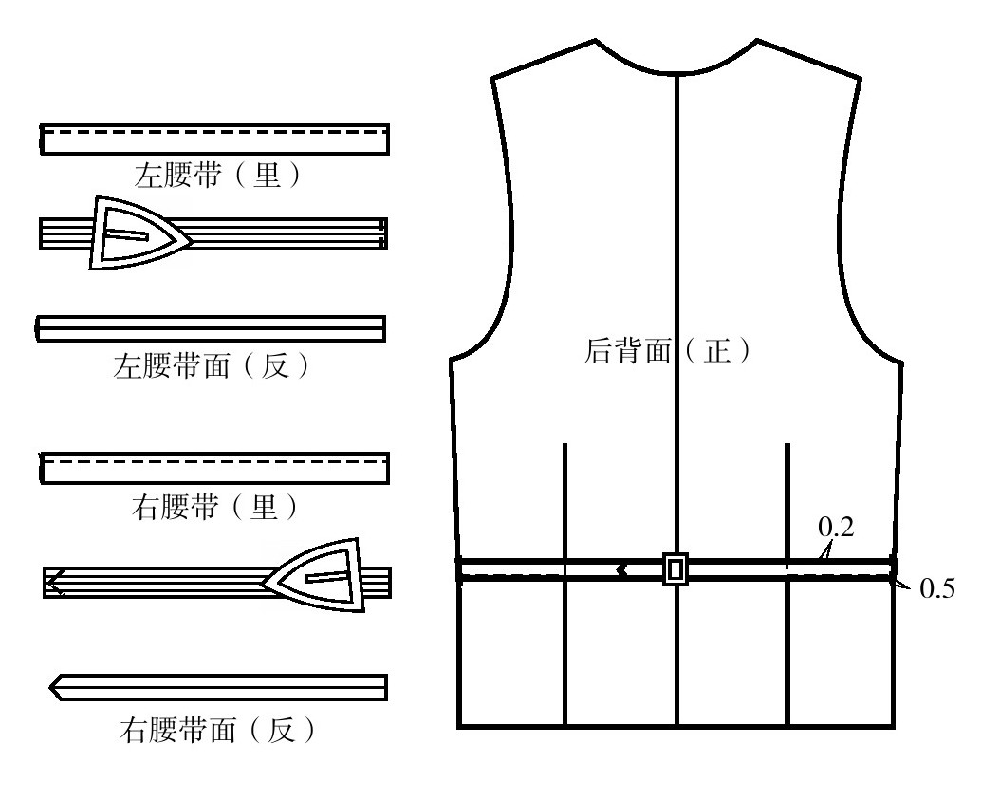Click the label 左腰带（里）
217,175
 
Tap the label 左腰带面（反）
212,365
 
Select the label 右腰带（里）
215,507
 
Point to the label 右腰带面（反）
217,729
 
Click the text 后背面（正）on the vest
667,350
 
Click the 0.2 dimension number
836,527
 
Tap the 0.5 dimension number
937,588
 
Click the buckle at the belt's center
676,569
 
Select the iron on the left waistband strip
139,233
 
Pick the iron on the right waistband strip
313,575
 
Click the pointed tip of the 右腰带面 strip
50,688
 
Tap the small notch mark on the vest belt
621,569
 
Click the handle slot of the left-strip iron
127,234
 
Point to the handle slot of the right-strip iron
326,576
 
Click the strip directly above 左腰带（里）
214,140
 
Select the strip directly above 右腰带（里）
214,468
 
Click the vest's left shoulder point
491,78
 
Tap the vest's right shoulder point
861,78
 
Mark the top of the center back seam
676,74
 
